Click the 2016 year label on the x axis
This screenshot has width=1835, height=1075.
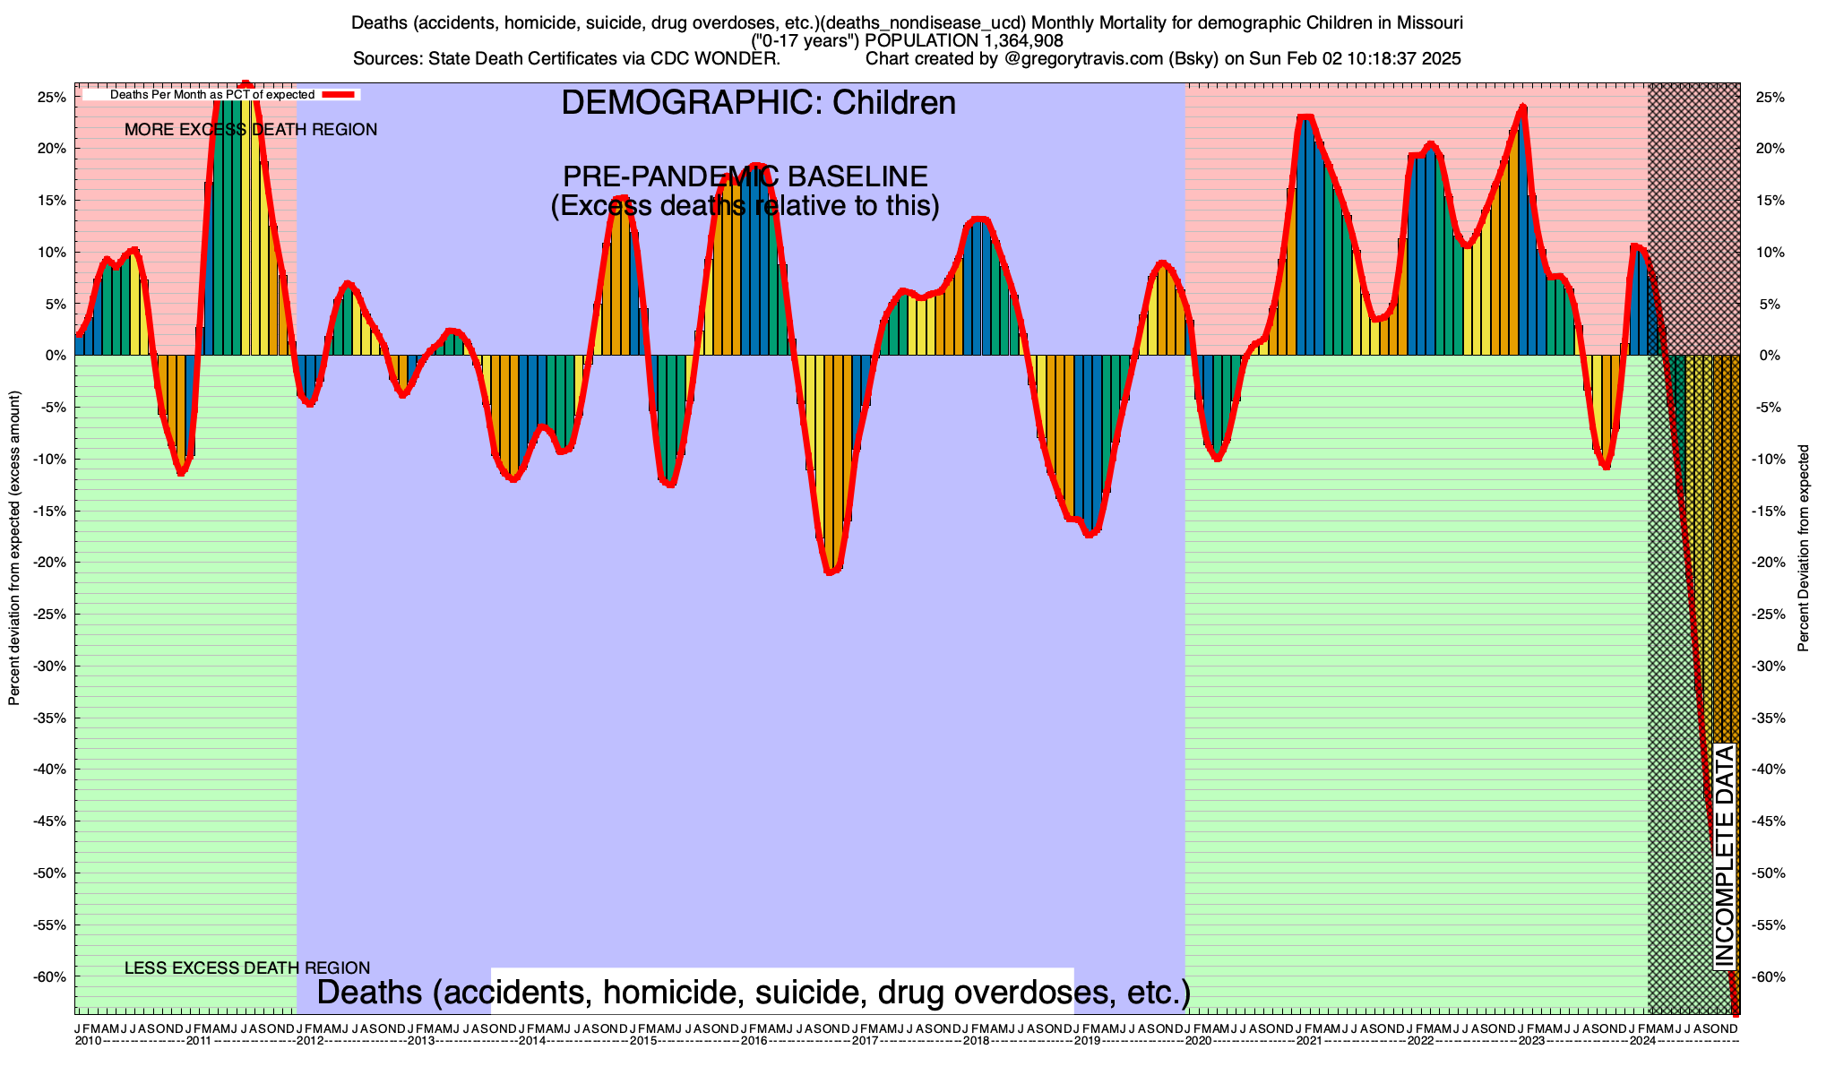754,1041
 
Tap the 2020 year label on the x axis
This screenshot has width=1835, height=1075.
1198,1041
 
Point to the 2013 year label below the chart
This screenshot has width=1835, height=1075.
420,1041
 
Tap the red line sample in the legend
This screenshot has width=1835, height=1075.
340,94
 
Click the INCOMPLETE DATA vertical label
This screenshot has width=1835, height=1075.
1725,856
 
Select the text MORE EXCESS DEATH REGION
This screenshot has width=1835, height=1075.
251,130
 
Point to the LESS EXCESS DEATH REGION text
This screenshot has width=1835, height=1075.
247,968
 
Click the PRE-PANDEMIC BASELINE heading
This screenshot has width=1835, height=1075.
745,176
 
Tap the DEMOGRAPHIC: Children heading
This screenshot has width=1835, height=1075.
758,103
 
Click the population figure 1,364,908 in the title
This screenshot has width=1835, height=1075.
1010,40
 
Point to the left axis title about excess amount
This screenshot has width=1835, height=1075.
14,548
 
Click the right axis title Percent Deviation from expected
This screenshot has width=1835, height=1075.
1804,548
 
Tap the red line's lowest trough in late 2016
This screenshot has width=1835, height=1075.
830,572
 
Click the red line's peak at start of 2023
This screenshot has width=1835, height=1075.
1522,108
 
